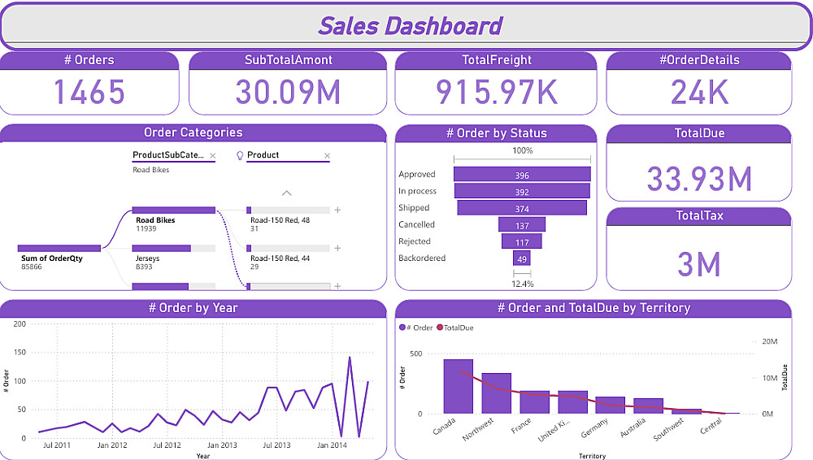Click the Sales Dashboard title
(x=410, y=26)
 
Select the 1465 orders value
(x=89, y=92)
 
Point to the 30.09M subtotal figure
(x=288, y=92)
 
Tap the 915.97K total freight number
(x=497, y=92)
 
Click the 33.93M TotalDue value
(x=698, y=178)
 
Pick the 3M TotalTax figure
(x=698, y=264)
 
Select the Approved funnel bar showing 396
(x=522, y=175)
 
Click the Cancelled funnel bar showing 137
(x=522, y=225)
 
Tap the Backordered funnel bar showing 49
(x=522, y=258)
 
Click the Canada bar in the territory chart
(x=458, y=387)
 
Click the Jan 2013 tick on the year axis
(x=221, y=445)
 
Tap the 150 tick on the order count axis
(x=20, y=353)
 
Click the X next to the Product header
(x=328, y=155)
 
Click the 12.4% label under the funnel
(x=522, y=284)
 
